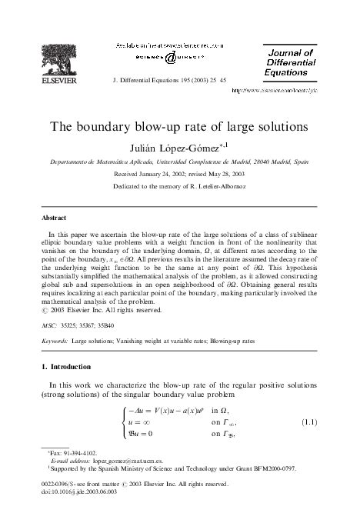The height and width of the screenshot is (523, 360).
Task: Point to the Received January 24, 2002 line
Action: (180, 174)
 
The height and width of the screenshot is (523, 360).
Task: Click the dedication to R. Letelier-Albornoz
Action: (180, 187)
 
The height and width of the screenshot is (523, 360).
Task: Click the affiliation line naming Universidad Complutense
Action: (179, 162)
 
